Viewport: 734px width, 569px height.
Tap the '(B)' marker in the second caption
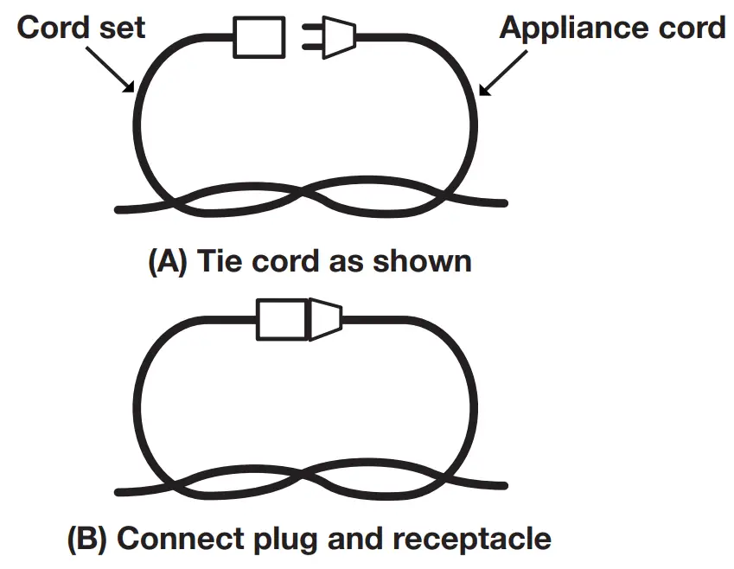87,539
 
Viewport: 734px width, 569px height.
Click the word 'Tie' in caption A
221,261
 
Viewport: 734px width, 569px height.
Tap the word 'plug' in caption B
274,539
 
